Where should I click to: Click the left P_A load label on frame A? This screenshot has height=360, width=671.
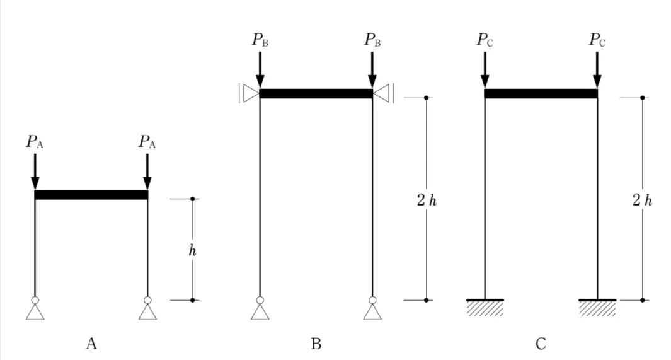pos(35,142)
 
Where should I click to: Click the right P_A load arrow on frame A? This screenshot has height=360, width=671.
pos(147,171)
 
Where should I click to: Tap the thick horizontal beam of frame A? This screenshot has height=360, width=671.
pos(91,195)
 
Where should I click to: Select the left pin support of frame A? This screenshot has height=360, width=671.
pos(35,309)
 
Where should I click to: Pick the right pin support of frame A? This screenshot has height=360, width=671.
pos(147,309)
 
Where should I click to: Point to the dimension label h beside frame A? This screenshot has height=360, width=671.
pos(193,250)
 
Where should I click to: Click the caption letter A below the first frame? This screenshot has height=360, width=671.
pos(91,344)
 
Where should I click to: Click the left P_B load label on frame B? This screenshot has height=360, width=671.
pos(260,40)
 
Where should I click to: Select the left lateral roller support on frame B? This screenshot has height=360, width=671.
pos(249,94)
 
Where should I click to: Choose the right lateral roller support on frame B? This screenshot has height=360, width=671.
pos(383,94)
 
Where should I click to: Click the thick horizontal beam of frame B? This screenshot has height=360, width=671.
pos(316,94)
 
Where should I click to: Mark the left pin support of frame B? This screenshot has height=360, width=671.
pos(260,309)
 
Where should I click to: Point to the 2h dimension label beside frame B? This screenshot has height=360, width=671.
pos(427,201)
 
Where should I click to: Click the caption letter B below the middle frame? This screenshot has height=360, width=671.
pos(316,344)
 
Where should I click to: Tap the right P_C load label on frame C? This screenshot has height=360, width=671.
pos(597,40)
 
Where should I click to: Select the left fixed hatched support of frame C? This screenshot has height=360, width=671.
pos(485,307)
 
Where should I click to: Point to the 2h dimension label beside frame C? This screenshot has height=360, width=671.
pos(642,201)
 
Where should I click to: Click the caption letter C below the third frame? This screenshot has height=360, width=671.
pos(541,344)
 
